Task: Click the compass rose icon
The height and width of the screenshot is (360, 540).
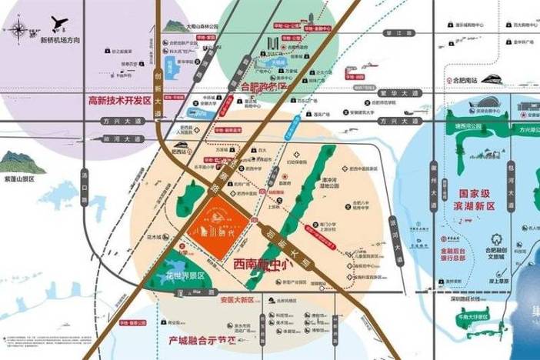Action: pyautogui.click(x=16, y=28)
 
